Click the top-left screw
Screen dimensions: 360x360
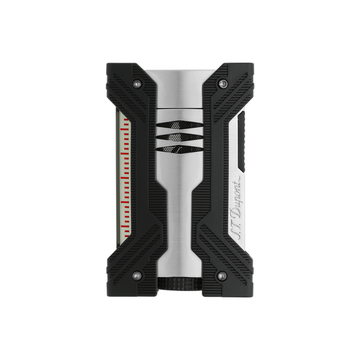[x=137, y=84]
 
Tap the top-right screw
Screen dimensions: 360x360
[x=223, y=84]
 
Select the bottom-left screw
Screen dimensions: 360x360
[x=137, y=276]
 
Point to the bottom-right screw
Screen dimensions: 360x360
[x=222, y=276]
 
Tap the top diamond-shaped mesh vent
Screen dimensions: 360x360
[x=180, y=125]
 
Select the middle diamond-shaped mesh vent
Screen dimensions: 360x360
[x=180, y=137]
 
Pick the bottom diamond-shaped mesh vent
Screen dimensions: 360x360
[x=180, y=149]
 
